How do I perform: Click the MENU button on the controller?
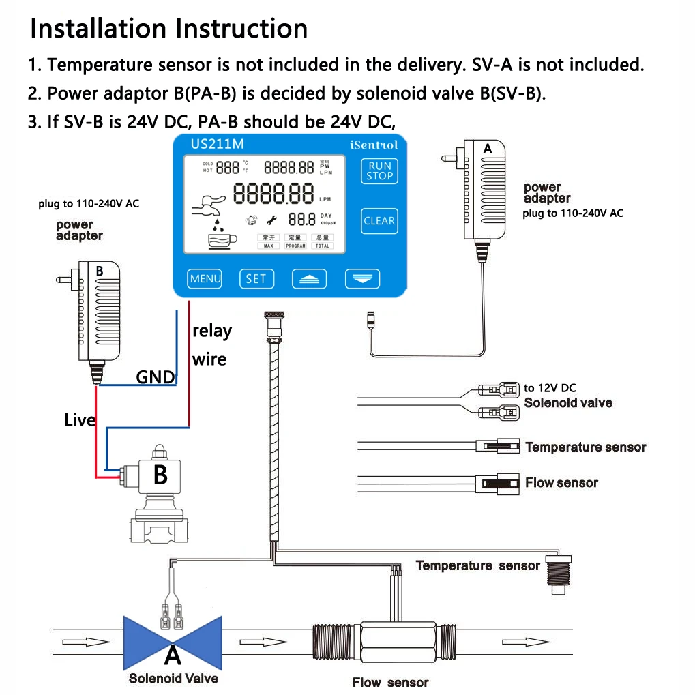205,278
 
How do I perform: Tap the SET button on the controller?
256,278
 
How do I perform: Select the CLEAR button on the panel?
379,220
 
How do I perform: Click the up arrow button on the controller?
310,278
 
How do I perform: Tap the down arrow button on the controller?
362,278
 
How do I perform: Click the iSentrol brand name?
373,145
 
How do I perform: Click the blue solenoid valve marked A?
173,642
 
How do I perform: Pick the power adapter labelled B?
100,314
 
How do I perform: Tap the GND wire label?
156,377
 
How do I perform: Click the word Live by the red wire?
79,420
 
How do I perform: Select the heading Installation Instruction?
169,29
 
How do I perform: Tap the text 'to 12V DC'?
550,388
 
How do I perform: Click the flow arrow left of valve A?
87,642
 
